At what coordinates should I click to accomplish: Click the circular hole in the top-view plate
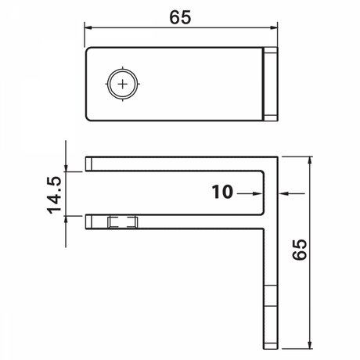tap(121, 82)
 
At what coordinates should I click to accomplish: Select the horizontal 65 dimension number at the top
tap(182, 15)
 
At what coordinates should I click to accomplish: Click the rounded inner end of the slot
tap(261, 193)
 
